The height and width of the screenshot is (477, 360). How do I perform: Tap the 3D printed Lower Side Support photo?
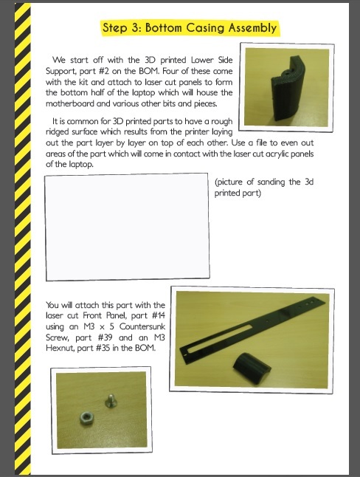pyautogui.click(x=287, y=87)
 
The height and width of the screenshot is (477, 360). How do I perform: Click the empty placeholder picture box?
pyautogui.click(x=127, y=227)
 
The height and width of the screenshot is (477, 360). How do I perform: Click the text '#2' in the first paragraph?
pyautogui.click(x=104, y=71)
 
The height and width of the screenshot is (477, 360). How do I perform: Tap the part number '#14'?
pyautogui.click(x=159, y=315)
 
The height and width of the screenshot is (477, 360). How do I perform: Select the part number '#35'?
pyautogui.click(x=103, y=348)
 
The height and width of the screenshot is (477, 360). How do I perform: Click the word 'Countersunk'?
pyautogui.click(x=142, y=326)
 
